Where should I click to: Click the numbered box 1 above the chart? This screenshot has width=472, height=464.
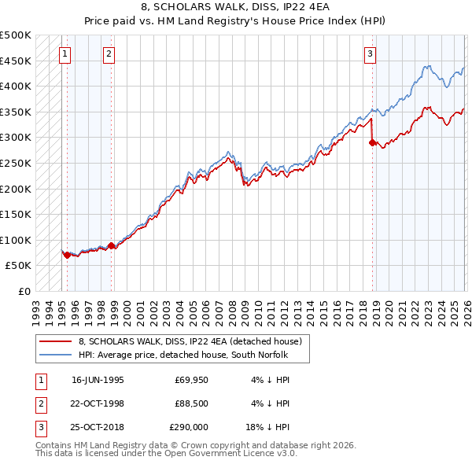point(65,54)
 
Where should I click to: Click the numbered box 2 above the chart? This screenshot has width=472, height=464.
point(109,54)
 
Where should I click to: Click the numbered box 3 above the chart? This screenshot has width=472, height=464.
point(370,54)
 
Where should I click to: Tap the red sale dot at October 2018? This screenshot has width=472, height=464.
point(373,142)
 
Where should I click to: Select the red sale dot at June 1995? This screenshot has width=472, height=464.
point(68,255)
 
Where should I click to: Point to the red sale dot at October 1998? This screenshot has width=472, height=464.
point(111,245)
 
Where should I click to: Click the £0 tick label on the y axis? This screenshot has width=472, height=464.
point(24,291)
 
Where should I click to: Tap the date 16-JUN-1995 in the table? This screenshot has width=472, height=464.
point(98,379)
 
